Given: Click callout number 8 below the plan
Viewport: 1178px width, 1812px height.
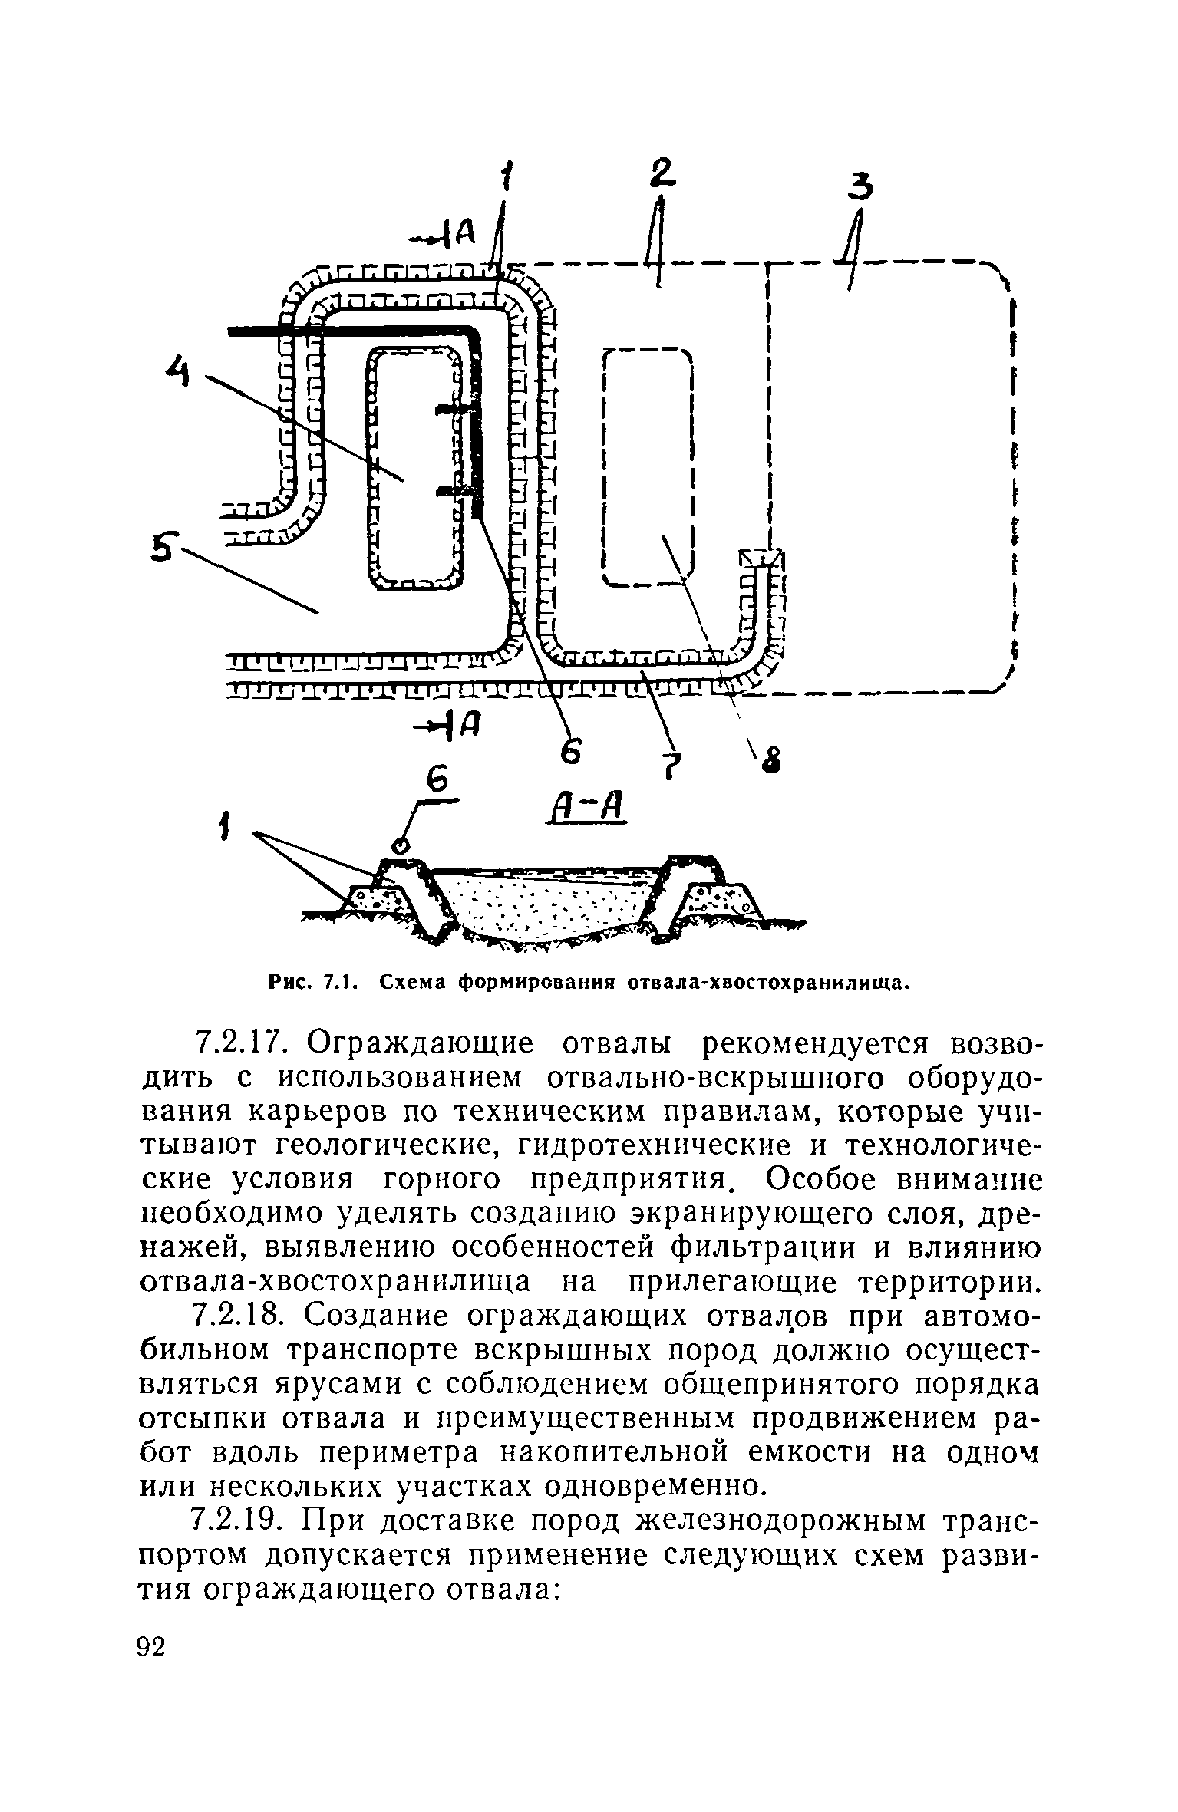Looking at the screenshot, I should (x=774, y=761).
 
